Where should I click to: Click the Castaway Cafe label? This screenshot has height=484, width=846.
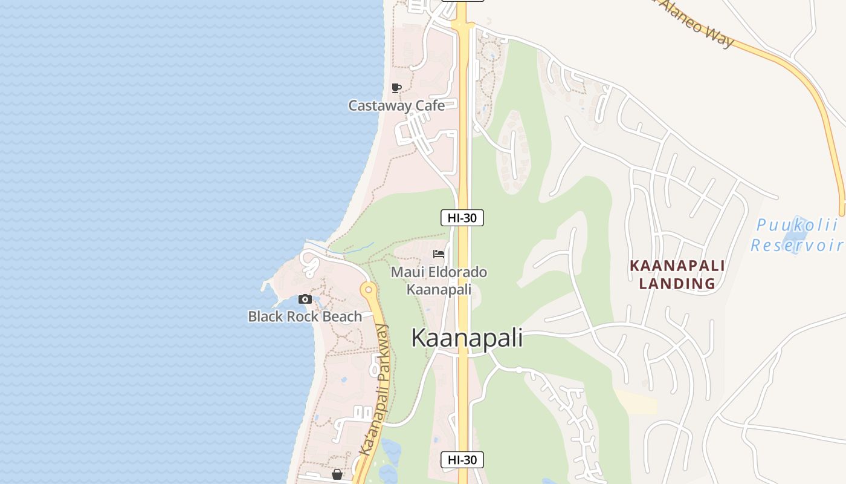396,106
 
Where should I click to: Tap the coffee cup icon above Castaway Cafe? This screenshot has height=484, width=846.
396,88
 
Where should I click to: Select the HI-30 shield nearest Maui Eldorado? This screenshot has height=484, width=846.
462,218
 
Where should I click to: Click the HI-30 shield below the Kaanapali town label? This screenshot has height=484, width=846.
462,460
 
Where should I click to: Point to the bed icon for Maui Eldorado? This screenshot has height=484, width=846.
439,254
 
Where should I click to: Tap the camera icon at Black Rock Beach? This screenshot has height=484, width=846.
305,299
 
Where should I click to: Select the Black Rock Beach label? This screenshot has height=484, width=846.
305,316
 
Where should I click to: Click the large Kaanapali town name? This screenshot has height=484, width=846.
467,338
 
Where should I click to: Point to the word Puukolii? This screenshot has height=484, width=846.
797,226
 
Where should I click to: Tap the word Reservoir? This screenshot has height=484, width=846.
797,245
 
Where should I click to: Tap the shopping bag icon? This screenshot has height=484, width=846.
337,474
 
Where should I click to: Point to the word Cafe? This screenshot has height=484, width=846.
430,106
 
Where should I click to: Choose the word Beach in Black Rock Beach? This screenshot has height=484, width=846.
342,316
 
